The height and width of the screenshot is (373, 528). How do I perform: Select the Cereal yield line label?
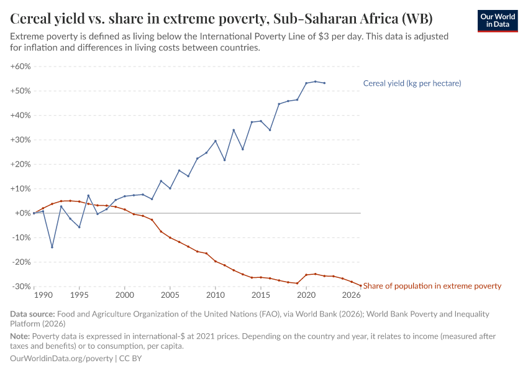tap(412, 83)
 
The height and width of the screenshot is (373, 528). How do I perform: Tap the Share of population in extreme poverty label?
tap(432, 286)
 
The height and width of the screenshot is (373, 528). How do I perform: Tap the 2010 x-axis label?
tap(216, 295)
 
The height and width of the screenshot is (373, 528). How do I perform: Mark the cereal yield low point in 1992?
tap(52, 247)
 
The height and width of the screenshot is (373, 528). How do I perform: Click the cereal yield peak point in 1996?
tap(88, 195)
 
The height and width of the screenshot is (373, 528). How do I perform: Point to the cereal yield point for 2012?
tap(234, 130)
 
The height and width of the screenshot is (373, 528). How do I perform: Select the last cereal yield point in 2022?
tap(324, 83)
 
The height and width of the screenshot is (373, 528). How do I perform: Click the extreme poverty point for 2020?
tap(306, 275)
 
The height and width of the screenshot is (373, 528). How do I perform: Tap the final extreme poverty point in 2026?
tap(360, 285)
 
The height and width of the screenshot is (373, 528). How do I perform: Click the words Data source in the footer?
tap(32, 314)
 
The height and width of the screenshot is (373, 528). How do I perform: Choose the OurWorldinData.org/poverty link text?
tap(61, 359)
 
